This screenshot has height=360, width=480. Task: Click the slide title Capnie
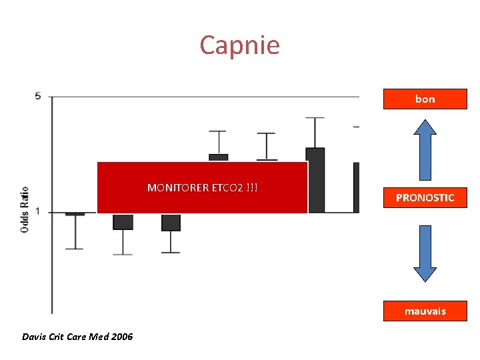click(239, 45)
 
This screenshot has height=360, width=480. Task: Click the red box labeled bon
click(425, 99)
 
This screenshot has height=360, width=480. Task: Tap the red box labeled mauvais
click(425, 311)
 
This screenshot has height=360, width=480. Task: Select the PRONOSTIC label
click(425, 197)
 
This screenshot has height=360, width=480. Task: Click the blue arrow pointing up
click(425, 145)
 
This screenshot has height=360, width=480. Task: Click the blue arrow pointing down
click(425, 253)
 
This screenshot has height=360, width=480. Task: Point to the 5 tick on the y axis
click(38, 96)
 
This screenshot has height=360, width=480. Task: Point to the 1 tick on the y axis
click(38, 212)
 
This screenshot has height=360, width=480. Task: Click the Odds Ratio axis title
click(24, 209)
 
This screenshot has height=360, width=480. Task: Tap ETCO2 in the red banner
click(227, 187)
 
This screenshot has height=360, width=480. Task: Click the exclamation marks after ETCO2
click(252, 187)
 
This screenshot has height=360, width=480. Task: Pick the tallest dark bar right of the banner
click(315, 180)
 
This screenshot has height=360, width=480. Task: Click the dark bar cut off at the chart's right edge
click(356, 187)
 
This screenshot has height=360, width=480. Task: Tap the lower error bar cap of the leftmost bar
click(75, 249)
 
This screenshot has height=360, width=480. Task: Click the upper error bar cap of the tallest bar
click(315, 118)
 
